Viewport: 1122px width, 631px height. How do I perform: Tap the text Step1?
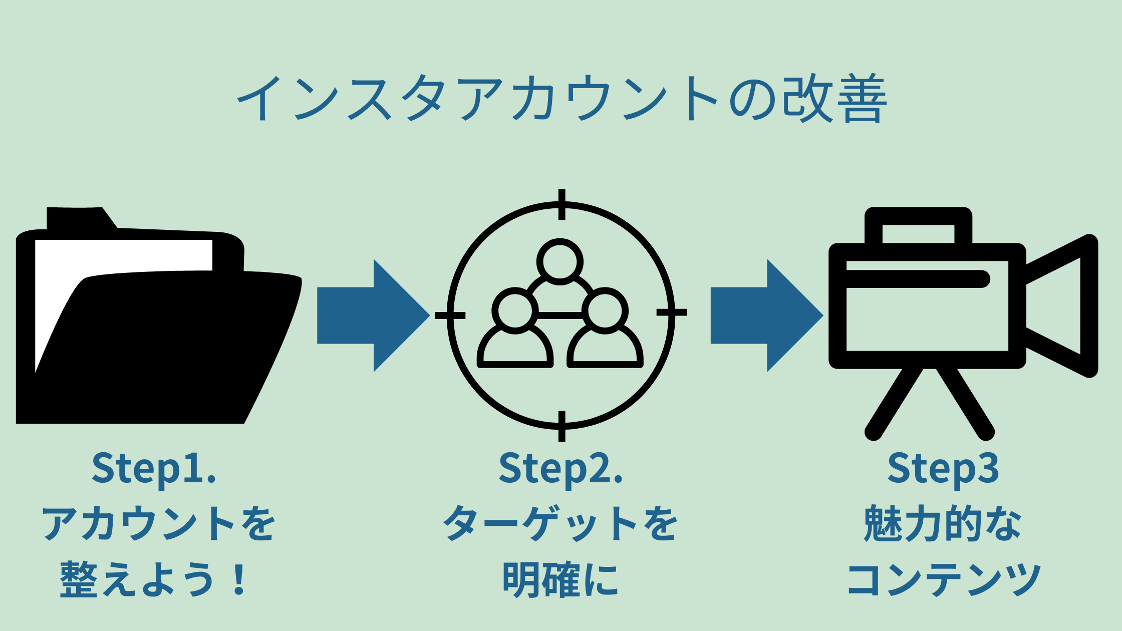point(154,468)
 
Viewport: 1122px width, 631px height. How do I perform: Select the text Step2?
point(560,468)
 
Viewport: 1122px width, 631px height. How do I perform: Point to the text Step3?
point(943,468)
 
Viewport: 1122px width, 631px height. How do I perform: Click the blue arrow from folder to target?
point(373,315)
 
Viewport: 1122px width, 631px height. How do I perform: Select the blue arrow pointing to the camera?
point(766,315)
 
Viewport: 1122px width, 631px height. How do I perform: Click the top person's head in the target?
point(560,262)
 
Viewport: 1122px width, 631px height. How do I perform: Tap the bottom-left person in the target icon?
point(515,331)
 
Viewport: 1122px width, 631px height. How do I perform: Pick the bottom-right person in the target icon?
point(605,331)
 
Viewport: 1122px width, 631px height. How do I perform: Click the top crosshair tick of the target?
point(562,204)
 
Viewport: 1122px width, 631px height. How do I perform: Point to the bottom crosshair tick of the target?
point(562,426)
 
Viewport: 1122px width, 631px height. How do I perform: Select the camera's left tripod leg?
point(894,403)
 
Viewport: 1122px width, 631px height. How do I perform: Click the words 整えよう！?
point(154,579)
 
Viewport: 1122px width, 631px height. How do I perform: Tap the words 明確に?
point(560,579)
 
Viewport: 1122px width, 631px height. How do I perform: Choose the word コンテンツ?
point(943,579)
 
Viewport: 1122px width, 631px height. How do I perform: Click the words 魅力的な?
point(943,523)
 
